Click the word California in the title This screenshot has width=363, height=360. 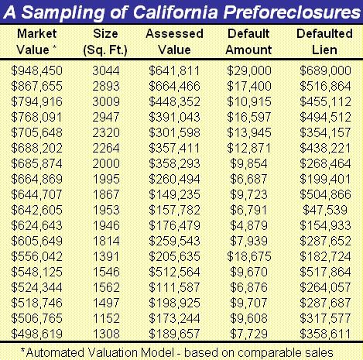click(175, 12)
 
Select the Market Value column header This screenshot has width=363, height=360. click(36, 42)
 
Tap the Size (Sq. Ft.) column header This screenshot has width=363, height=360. click(105, 42)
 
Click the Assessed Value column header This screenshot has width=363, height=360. click(174, 42)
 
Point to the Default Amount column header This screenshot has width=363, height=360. click(248, 42)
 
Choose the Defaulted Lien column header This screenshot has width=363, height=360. click(324, 42)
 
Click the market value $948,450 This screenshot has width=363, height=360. click(36, 70)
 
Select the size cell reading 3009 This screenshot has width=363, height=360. click(106, 101)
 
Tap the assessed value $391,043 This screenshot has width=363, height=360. click(174, 117)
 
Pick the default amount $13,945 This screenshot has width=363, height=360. click(249, 132)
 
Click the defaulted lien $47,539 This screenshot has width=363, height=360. click(325, 210)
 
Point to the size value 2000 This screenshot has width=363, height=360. click(106, 163)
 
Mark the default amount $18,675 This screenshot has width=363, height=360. click(249, 256)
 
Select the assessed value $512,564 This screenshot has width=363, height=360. click(174, 272)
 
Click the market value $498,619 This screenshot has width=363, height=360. click(36, 334)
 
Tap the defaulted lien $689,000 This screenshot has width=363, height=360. click(325, 70)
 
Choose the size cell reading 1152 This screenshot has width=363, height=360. click(106, 318)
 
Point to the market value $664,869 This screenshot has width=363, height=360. click(36, 179)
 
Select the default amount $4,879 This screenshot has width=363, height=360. click(248, 225)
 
